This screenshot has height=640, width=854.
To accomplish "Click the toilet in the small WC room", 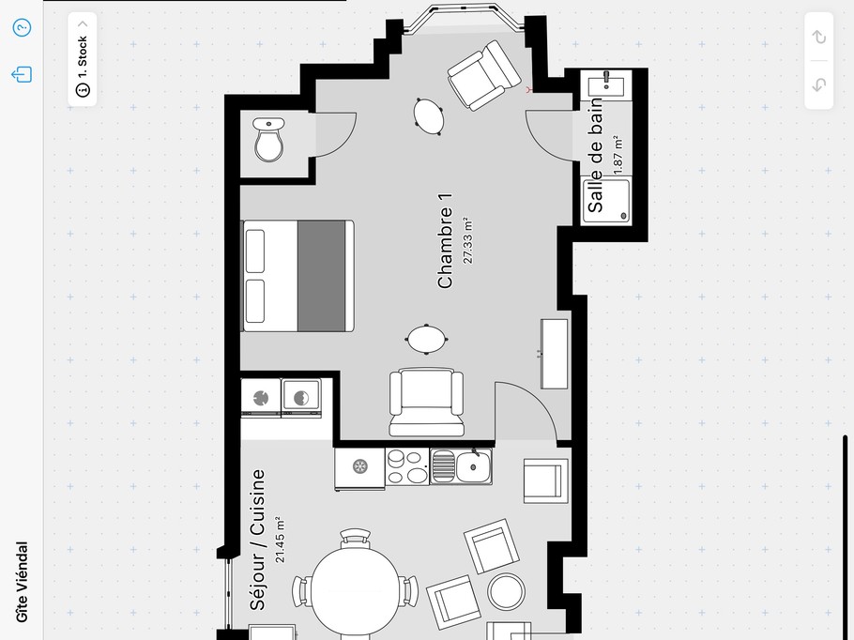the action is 268,140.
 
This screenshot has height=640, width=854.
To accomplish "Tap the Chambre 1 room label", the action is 445,241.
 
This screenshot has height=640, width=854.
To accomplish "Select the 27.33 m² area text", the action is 468,241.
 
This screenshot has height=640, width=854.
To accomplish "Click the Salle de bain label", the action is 595,155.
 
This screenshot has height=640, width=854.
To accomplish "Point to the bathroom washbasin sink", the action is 606,84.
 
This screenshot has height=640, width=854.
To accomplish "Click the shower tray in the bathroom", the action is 607,201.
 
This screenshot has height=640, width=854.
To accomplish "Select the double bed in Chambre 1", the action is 297,276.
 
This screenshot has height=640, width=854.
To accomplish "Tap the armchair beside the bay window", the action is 484,76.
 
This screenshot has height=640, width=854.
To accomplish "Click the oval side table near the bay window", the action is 429,116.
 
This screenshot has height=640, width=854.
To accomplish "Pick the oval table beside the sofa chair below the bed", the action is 426,339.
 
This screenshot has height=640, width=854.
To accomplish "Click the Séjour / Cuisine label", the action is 257,540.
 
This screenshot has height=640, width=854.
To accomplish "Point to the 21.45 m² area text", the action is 280,540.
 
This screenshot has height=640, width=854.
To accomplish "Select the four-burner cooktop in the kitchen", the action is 407,466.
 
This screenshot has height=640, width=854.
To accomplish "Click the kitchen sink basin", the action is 473,466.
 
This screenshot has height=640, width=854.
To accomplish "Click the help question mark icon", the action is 22,27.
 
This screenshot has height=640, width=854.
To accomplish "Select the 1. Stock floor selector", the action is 83,59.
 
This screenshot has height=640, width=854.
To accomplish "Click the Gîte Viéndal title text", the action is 22,582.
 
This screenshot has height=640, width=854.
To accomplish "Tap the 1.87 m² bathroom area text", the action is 618,155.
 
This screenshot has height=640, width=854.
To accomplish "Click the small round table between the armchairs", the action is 507,591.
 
